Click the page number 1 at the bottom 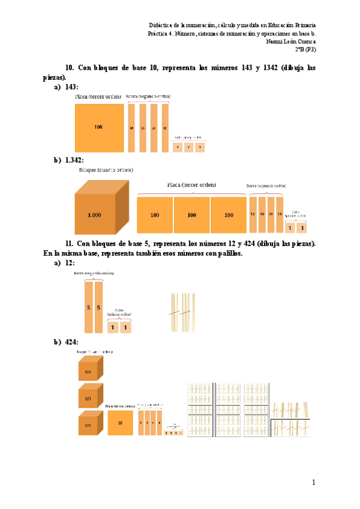tap(313, 483)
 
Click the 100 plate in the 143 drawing tap(98, 127)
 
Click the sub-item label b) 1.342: tap(68, 160)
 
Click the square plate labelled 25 tap(120, 423)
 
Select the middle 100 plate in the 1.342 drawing tap(191, 214)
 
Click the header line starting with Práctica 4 tap(232, 34)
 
